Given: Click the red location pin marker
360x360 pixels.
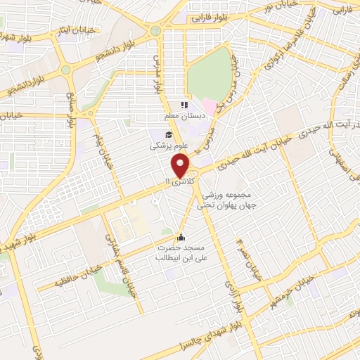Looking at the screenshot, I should coord(181,166).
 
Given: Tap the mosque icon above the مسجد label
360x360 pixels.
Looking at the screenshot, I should coord(182,236).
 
